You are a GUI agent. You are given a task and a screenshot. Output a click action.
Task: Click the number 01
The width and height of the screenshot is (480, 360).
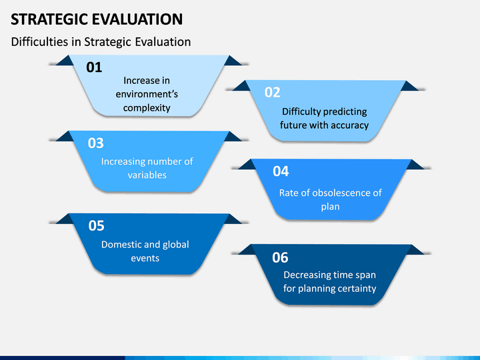(94, 67)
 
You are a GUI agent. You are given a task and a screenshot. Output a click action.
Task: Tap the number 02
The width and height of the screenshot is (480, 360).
(273, 92)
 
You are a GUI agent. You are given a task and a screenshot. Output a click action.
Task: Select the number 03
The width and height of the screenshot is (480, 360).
(96, 143)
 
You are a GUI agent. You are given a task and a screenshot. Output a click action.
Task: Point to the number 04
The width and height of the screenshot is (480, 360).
(281, 171)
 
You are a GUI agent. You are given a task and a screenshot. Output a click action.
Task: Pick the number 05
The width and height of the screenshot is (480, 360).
(97, 225)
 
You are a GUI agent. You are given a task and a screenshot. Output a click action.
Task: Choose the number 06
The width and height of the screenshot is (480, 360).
(280, 257)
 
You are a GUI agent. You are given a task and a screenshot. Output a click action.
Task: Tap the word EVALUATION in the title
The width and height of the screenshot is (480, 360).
(137, 19)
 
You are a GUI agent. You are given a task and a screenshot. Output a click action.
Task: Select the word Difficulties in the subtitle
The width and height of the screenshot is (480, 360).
(40, 42)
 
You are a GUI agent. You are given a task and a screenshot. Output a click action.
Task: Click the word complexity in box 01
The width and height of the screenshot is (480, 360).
(147, 108)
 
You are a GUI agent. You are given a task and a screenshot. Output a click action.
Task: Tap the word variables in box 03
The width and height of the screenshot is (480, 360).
(147, 175)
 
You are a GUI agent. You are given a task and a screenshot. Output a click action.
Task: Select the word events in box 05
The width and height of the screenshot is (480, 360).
(145, 259)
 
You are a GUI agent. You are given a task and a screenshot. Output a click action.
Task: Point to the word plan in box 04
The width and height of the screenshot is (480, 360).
(330, 207)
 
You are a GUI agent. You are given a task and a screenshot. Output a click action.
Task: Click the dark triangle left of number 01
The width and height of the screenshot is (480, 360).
(65, 61)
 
